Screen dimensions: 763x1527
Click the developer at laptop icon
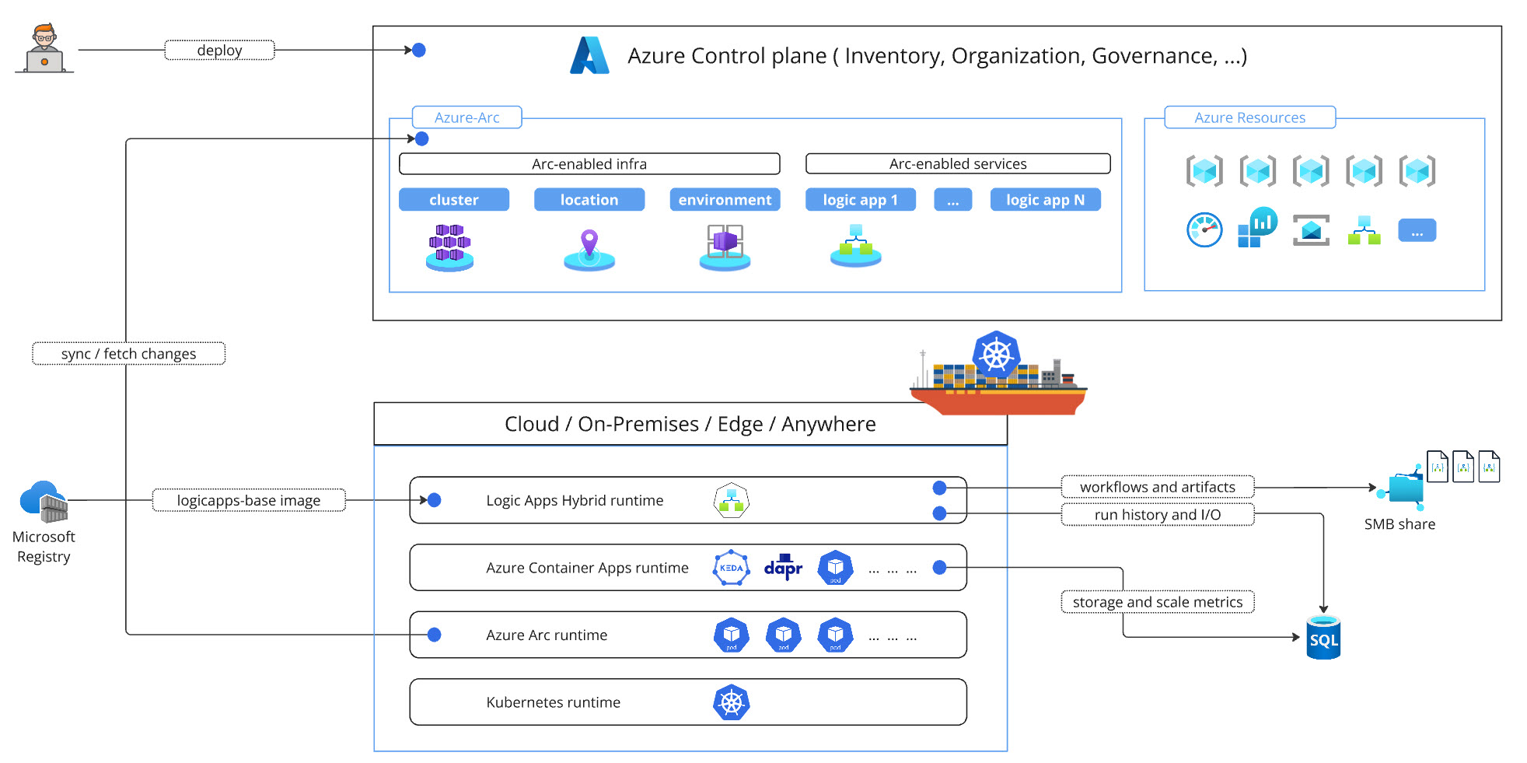point(44,48)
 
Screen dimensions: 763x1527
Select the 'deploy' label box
point(219,51)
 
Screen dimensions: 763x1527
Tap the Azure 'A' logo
point(589,56)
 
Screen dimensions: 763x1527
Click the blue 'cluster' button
point(454,200)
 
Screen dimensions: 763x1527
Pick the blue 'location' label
point(589,200)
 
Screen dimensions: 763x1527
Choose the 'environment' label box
point(725,200)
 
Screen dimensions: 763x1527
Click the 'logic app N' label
point(1045,200)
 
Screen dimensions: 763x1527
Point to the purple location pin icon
point(589,243)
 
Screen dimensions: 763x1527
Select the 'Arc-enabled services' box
point(958,164)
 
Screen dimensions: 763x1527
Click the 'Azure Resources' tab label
point(1249,117)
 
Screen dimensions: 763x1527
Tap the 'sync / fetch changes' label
point(128,354)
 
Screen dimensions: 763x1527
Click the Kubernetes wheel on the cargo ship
point(996,355)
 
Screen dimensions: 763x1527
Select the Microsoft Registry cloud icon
point(44,501)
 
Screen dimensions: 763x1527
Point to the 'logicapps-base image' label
point(249,501)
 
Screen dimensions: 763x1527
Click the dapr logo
point(783,568)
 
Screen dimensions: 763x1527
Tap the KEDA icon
point(731,568)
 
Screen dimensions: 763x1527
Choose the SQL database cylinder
point(1323,639)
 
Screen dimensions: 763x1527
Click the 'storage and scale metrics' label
point(1157,602)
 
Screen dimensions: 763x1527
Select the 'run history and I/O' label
point(1157,515)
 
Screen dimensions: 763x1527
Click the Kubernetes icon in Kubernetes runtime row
point(731,703)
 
